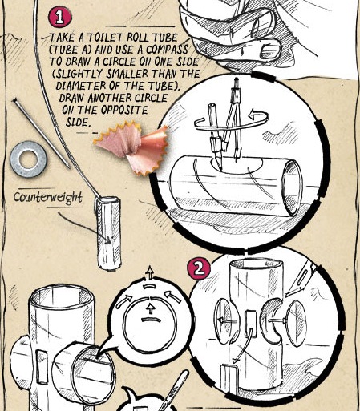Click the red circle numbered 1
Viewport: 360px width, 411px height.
coord(59,17)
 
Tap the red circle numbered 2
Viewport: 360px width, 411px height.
coord(199,268)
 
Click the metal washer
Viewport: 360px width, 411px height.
coord(28,159)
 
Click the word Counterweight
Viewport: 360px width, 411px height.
coord(48,198)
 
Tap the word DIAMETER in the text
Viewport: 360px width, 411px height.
coord(81,86)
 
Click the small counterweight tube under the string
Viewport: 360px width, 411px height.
coord(108,233)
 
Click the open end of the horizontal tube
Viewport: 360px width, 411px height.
coord(293,187)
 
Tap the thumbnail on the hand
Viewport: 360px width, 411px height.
coord(270,50)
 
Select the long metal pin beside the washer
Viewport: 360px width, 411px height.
coord(41,134)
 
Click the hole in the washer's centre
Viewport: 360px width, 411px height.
coord(28,159)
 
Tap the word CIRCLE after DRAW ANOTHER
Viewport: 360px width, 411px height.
coord(151,98)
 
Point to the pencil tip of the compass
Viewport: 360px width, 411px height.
coord(220,166)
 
